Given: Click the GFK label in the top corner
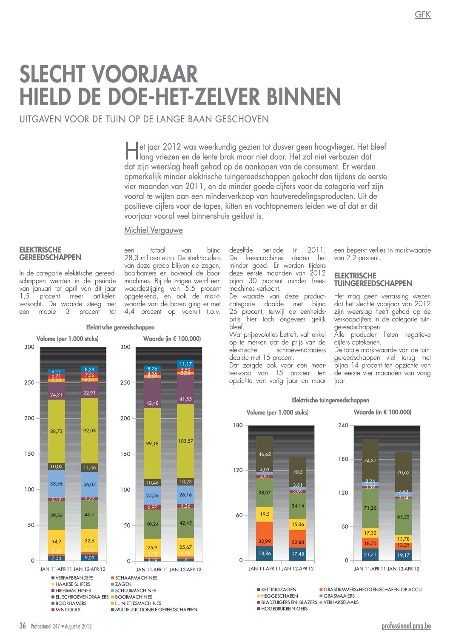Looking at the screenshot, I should [x=422, y=14].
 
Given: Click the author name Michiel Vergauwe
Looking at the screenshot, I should [x=153, y=230].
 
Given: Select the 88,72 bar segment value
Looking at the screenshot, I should [x=56, y=431].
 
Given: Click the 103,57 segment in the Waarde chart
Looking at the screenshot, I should [x=185, y=441].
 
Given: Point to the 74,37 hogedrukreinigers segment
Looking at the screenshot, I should [x=370, y=460].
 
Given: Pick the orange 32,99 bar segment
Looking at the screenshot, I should [x=265, y=541].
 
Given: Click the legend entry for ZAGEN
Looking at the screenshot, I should [x=123, y=584].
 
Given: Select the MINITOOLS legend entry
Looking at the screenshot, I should [x=68, y=610].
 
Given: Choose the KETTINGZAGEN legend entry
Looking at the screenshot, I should [x=279, y=590].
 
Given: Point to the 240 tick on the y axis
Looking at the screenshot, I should [x=343, y=425].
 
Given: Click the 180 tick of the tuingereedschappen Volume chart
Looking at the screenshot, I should [x=238, y=425].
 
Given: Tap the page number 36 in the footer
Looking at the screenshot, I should [x=23, y=626].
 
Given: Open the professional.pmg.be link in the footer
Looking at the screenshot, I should [x=406, y=626].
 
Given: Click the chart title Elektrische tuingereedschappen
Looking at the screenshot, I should [x=330, y=400].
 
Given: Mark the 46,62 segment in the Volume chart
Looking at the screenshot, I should [x=265, y=454].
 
